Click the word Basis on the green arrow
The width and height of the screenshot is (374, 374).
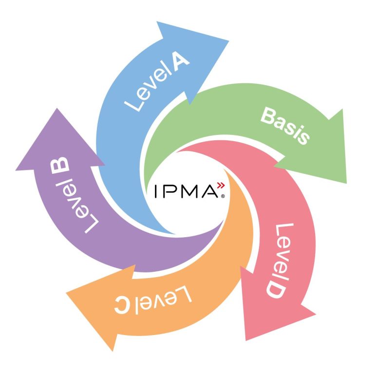(285, 126)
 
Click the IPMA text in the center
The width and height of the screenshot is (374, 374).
(185, 191)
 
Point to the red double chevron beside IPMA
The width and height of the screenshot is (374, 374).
(221, 186)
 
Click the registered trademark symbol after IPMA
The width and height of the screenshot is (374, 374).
(223, 197)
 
